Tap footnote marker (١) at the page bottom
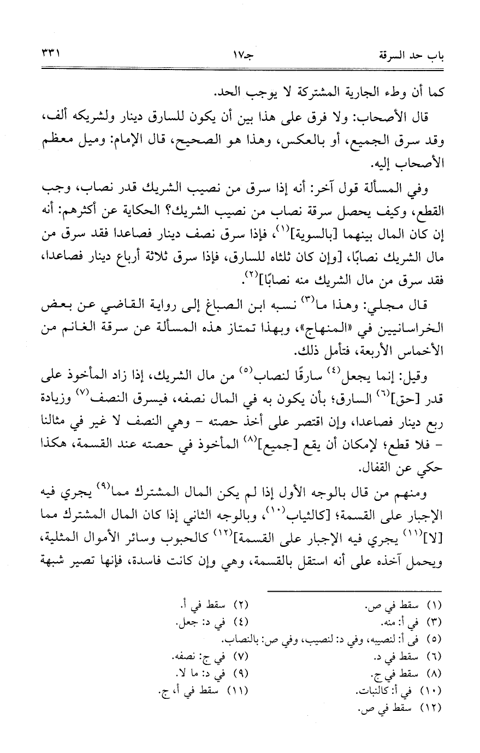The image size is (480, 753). point(432,605)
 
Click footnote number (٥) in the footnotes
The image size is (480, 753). point(432,639)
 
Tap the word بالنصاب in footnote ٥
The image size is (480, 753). point(240,639)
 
